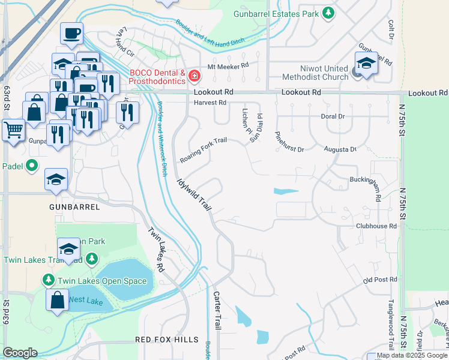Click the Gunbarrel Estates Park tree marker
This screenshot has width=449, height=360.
coord(328,13)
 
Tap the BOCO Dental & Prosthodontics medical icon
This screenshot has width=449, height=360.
coord(194,76)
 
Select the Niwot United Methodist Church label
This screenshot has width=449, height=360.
coord(316,72)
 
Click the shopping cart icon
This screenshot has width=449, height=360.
coord(13,129)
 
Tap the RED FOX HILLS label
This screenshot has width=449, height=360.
coord(166,340)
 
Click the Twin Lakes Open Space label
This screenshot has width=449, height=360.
coord(101,281)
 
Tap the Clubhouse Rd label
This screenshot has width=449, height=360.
coord(376,227)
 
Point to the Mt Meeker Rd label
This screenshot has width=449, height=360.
coord(228,67)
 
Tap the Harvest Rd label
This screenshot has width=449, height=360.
coord(209,103)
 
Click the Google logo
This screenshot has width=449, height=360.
coord(20,353)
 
